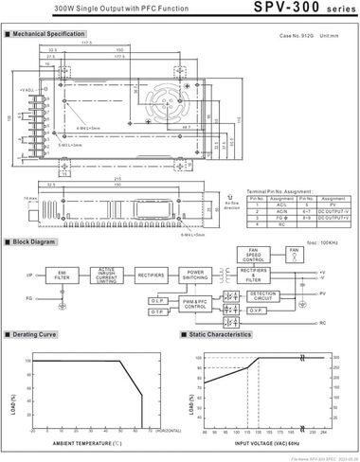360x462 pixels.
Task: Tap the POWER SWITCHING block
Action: click(x=196, y=275)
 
